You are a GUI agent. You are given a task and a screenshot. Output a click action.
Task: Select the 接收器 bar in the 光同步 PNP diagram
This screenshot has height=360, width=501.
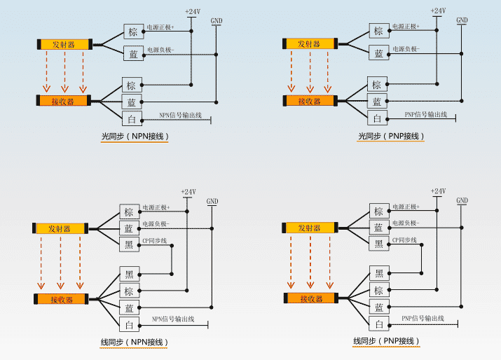click(309, 102)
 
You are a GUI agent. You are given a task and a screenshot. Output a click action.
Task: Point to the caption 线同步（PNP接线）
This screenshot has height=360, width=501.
click(386, 341)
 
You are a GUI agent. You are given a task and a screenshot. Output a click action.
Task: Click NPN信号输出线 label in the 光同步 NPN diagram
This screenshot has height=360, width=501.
click(180, 115)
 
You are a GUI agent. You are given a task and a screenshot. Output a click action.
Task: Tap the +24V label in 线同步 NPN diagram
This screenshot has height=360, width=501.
click(188, 192)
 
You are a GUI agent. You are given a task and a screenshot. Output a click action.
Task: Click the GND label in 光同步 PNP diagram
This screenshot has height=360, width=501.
click(462, 20)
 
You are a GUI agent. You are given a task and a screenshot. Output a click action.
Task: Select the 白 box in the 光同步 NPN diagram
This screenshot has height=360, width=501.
click(131, 118)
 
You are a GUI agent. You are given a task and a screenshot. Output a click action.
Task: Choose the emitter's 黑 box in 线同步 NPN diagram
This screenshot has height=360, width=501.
click(129, 244)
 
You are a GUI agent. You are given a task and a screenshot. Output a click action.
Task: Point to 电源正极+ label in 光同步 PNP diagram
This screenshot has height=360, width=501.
click(406, 27)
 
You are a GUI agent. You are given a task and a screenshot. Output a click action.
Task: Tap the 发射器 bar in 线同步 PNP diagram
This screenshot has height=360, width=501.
click(309, 228)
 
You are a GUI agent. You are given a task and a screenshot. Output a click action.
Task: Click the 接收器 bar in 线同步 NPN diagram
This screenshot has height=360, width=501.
click(60, 300)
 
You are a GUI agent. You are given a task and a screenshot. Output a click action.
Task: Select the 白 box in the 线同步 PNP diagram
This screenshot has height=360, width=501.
click(378, 324)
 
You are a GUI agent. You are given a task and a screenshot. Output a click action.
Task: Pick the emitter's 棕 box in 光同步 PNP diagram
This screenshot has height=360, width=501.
click(378, 31)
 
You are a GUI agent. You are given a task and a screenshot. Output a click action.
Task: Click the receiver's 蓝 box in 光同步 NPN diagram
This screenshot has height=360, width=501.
click(131, 102)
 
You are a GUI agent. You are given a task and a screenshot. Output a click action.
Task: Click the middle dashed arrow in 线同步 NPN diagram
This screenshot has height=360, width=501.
click(60, 263)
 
